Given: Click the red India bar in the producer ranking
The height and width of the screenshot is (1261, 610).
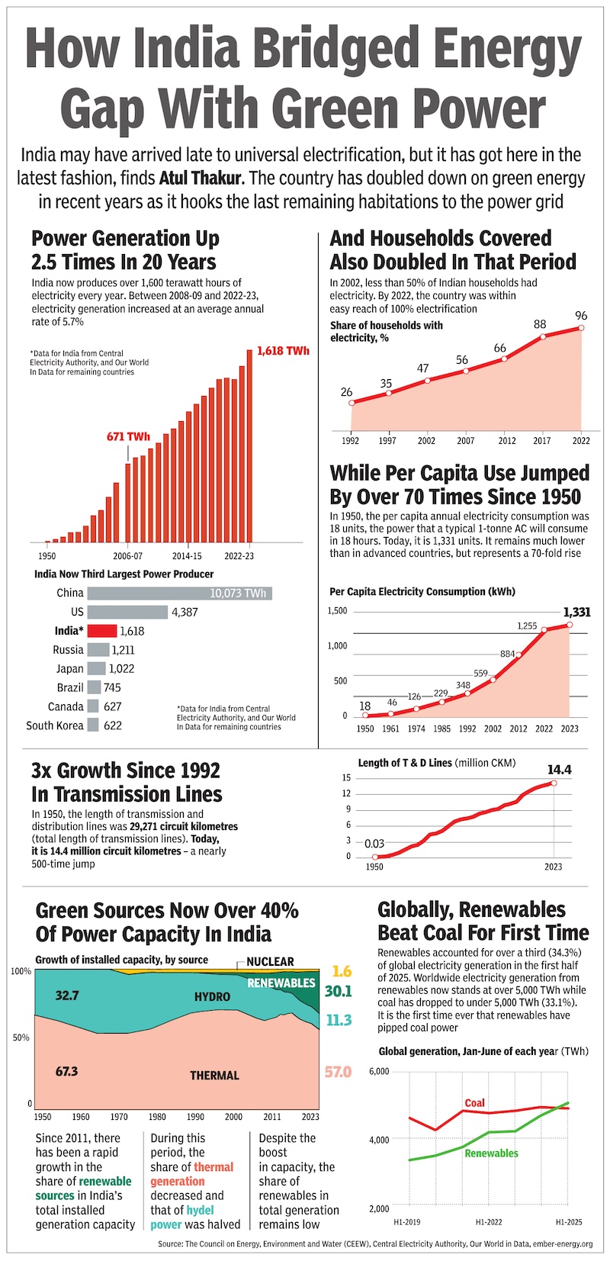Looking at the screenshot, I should click(102, 631).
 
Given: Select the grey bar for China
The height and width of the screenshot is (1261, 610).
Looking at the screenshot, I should click(179, 593).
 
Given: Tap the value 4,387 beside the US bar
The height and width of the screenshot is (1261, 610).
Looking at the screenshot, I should click(185, 612).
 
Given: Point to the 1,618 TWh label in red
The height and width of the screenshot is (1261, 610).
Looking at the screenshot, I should click(283, 351).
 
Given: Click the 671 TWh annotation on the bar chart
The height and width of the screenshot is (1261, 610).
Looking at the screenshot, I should click(128, 437).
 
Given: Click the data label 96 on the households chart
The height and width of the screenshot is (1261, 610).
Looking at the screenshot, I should click(581, 316).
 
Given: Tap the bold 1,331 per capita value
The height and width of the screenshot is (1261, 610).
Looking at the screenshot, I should click(576, 612).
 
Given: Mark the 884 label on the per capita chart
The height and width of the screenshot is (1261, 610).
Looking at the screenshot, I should click(507, 654).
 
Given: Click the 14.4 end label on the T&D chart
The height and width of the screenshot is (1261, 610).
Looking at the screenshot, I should click(559, 770).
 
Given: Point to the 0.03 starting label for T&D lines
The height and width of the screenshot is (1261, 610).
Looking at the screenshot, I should click(374, 844).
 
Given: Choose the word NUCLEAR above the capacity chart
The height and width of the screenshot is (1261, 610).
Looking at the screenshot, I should click(271, 961).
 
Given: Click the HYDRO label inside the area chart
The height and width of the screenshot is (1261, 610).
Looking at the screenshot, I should click(212, 997).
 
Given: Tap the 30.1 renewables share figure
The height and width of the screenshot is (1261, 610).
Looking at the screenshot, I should click(339, 991).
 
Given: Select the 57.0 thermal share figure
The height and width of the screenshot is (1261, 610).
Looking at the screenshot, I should click(338, 1072).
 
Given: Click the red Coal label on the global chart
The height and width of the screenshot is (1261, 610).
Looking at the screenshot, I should click(474, 1103).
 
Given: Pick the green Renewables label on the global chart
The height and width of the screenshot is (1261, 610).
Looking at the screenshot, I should click(491, 1153).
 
